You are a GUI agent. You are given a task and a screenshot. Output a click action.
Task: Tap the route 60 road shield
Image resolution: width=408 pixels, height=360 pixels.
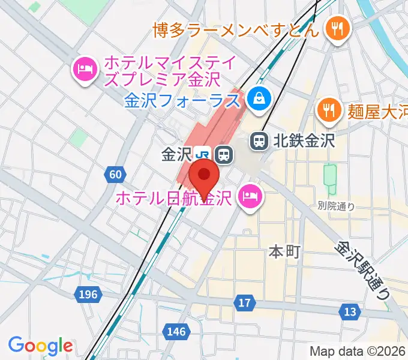(x=116, y=175)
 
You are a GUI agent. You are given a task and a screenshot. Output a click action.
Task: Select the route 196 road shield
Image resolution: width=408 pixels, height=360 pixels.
(x=88, y=294)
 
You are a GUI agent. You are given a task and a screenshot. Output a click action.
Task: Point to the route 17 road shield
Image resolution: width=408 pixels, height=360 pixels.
(x=244, y=303)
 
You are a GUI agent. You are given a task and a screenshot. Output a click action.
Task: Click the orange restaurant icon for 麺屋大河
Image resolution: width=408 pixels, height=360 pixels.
(x=328, y=110)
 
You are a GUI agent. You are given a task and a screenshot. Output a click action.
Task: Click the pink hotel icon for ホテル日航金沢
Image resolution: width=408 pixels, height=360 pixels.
(x=249, y=196)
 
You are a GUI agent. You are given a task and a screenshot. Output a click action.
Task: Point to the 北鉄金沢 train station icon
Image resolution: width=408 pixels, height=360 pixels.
(x=259, y=141)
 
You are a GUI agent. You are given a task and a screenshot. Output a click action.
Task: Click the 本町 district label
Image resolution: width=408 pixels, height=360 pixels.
(x=284, y=252)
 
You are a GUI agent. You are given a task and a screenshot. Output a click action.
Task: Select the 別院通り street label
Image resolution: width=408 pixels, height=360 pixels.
(x=336, y=206)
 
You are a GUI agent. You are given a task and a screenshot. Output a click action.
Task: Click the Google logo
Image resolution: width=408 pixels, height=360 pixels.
(x=40, y=346)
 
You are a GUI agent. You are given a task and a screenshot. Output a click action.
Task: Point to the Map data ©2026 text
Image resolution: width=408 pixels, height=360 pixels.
(x=358, y=352)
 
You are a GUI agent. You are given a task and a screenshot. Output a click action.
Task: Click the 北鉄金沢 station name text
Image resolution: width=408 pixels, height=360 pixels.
(x=304, y=142)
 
